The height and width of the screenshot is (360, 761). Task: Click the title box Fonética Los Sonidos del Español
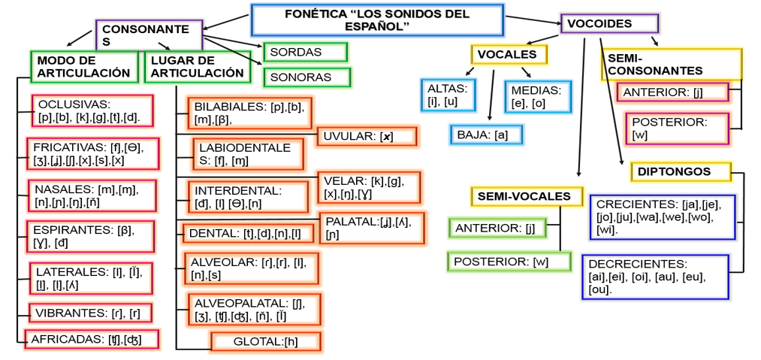click(376, 20)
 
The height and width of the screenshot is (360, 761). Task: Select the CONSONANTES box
click(149, 35)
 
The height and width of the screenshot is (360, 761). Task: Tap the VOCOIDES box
click(608, 23)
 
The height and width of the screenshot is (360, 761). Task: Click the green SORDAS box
click(305, 52)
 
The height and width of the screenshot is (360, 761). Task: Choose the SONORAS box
click(307, 77)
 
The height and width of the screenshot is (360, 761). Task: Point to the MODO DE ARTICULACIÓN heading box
click(84, 66)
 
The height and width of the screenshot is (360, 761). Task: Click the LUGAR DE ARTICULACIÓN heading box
click(198, 66)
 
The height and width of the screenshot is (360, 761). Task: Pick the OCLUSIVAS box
click(92, 111)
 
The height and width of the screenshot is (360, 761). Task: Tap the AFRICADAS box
click(92, 339)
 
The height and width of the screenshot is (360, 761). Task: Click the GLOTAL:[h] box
click(266, 342)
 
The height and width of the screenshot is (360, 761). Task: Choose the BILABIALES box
click(249, 113)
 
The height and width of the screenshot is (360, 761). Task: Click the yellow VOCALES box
click(508, 54)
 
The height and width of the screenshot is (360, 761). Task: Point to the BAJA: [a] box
click(486, 135)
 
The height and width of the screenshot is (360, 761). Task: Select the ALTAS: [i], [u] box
click(448, 95)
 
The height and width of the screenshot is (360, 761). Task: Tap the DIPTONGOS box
click(680, 171)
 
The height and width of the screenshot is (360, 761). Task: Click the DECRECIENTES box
click(654, 276)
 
